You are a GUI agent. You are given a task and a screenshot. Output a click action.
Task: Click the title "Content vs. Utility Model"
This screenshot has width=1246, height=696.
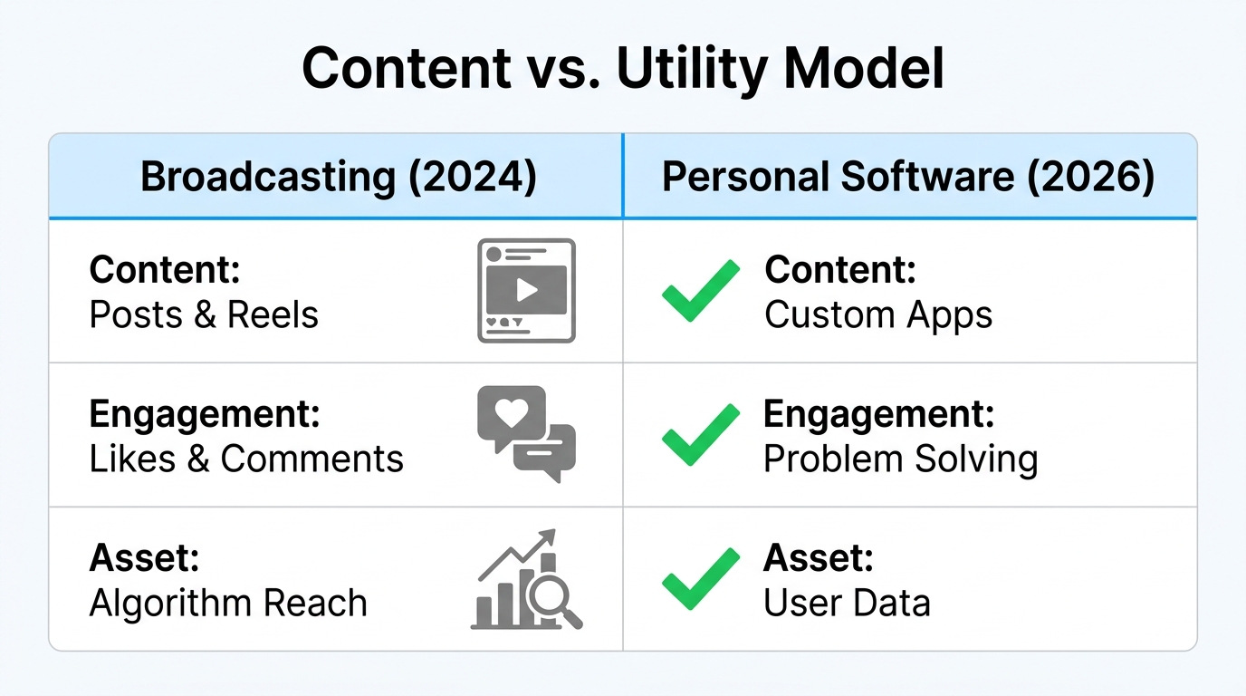click(622, 68)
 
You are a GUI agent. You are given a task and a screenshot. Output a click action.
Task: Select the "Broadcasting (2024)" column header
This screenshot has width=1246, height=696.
click(339, 178)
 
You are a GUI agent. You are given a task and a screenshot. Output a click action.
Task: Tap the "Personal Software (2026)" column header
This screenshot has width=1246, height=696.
click(908, 178)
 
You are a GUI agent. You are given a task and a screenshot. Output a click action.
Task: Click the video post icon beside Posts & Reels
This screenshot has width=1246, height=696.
click(526, 290)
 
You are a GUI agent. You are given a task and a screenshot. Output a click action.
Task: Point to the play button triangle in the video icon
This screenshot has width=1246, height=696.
click(527, 290)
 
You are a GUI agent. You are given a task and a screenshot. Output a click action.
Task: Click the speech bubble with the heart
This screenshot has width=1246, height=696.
click(511, 415)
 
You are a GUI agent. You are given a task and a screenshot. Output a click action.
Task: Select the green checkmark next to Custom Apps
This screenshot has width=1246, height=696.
click(700, 290)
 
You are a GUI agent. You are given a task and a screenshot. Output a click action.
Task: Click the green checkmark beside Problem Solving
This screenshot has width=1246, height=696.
click(700, 435)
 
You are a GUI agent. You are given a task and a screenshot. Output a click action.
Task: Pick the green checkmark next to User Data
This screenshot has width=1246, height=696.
click(700, 579)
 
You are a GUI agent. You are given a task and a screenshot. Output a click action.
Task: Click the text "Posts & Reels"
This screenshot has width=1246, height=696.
click(204, 314)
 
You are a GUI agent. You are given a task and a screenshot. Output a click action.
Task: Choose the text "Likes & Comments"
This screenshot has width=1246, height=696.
click(246, 459)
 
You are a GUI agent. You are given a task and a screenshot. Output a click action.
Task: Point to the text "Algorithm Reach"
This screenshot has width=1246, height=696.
click(228, 603)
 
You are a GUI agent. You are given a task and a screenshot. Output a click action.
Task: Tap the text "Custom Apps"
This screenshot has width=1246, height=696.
click(878, 314)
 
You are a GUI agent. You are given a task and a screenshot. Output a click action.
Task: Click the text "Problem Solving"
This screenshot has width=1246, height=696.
click(900, 459)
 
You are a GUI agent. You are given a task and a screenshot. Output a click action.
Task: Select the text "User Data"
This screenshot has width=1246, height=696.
click(847, 603)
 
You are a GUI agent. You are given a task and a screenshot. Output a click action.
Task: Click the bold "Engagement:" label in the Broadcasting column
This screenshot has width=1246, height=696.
click(205, 414)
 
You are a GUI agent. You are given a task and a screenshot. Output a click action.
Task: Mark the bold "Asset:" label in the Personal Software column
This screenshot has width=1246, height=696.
click(818, 558)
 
